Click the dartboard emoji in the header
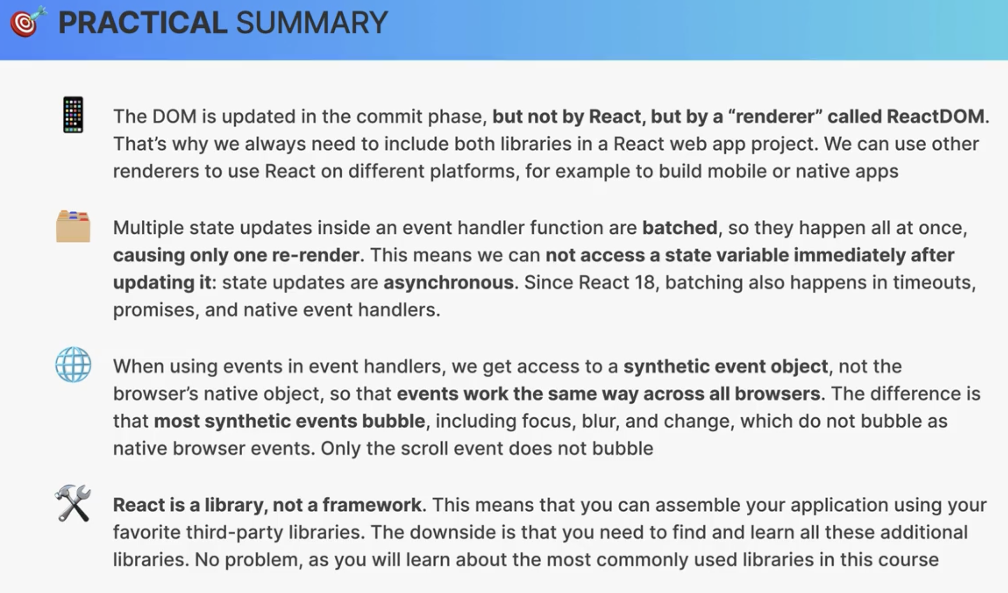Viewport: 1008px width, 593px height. coord(28,22)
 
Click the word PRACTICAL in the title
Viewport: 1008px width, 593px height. coord(143,22)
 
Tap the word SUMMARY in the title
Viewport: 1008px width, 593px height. coord(312,22)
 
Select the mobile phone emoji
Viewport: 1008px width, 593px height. coord(73,115)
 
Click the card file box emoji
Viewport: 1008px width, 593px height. coord(73,226)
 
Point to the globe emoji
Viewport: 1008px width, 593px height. coord(73,365)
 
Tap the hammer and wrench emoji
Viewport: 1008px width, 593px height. coord(73,503)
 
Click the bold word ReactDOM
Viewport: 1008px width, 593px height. coord(935,116)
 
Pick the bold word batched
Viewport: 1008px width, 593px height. coord(680,228)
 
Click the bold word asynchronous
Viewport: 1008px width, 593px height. coord(449,283)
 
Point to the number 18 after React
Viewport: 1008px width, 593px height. coord(644,283)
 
